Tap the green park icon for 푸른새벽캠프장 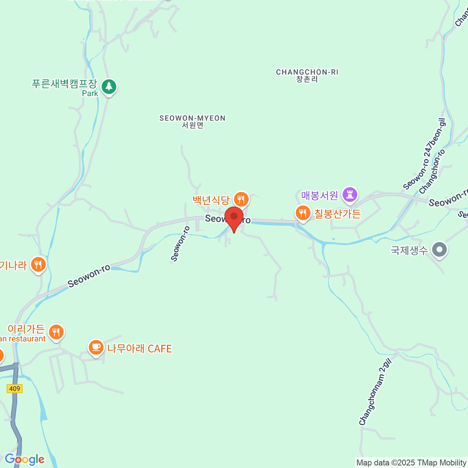[109, 87]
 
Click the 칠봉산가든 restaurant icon [303, 213]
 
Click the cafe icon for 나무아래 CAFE [96, 347]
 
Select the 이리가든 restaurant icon [57, 332]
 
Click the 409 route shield [14, 388]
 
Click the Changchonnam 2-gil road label [375, 392]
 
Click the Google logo [25, 459]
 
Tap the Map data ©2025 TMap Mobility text [411, 463]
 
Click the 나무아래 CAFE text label [140, 348]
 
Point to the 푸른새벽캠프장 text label [64, 84]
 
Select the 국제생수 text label [409, 250]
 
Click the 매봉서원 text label [319, 195]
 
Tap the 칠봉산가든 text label [338, 214]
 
